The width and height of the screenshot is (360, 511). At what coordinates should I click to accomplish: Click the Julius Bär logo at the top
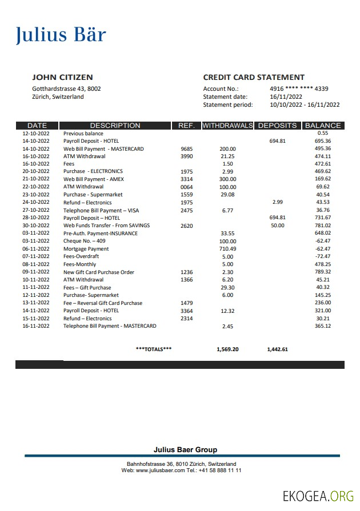point(61,35)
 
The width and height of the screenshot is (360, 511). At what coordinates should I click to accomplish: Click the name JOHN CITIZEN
point(62,78)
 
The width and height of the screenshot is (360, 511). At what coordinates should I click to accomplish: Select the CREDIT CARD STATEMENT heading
point(254,78)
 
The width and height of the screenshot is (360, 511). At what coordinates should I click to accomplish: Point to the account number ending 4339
point(299,89)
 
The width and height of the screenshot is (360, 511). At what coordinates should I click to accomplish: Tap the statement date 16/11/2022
point(286,97)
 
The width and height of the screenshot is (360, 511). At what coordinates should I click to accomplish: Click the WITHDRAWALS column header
point(227,126)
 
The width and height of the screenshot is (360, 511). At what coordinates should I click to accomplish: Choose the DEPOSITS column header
point(277,126)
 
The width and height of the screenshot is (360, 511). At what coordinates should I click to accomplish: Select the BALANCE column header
point(323,126)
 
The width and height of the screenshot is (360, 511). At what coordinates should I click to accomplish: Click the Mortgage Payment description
point(86,249)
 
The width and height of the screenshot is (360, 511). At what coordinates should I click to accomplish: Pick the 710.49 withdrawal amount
point(227,249)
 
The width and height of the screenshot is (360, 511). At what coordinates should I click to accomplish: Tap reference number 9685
point(187,149)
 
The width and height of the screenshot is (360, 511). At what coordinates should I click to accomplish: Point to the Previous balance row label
point(83,134)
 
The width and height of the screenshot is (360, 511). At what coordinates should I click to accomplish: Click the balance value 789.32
point(323,272)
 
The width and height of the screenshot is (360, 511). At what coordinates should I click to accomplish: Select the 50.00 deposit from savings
point(277,226)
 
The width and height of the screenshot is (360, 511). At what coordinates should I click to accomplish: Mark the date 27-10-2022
point(36,210)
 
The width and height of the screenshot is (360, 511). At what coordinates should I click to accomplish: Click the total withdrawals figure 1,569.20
point(227,349)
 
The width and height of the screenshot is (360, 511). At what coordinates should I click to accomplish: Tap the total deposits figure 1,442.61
point(277,349)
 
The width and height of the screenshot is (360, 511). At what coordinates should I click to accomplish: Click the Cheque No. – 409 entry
point(84,241)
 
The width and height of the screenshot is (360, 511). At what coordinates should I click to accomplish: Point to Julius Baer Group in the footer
point(185,450)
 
